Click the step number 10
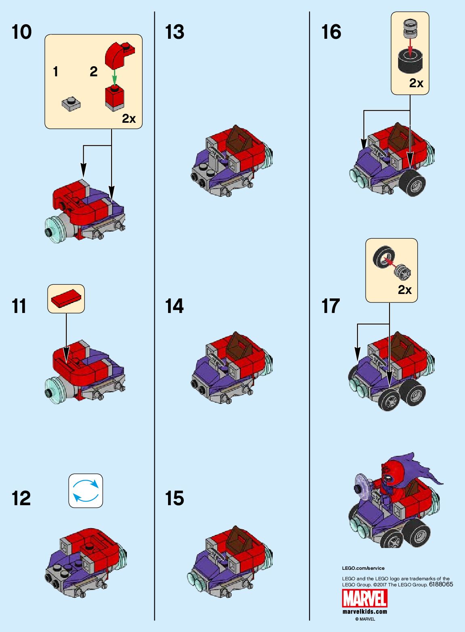(x=21, y=32)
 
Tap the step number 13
(x=175, y=32)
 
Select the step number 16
(x=331, y=32)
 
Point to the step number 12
(x=21, y=498)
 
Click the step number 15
(x=175, y=498)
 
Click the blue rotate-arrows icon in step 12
(x=86, y=490)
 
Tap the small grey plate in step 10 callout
(x=71, y=103)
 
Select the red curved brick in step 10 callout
(x=118, y=55)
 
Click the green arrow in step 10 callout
(x=114, y=77)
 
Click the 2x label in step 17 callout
(x=404, y=290)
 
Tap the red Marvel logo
(x=365, y=598)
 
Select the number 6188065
(x=441, y=584)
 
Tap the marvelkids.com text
(x=365, y=611)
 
